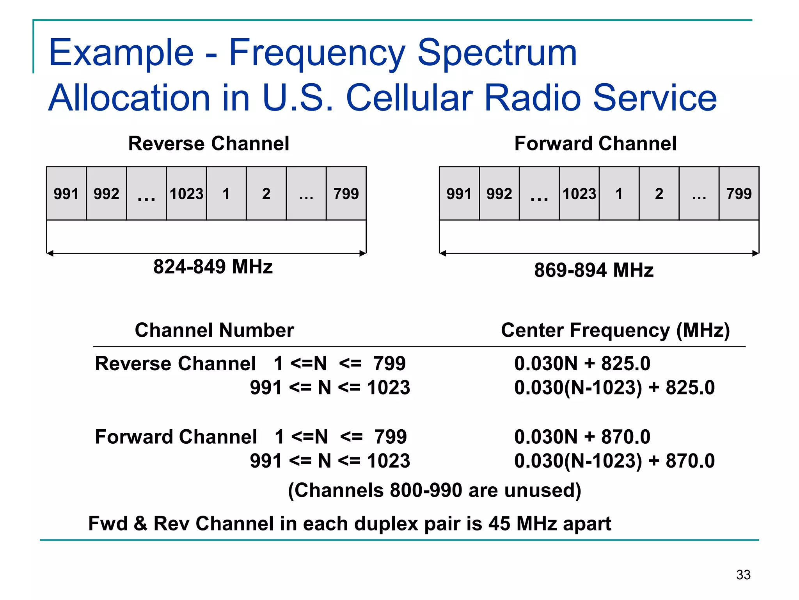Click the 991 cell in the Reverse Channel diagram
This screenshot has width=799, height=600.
[x=66, y=194]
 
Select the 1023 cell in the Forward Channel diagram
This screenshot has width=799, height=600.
[x=579, y=194]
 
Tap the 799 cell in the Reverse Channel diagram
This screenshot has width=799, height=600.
[x=346, y=194]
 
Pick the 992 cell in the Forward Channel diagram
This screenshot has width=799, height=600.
[x=499, y=194]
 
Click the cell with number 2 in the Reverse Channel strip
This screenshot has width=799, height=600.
[x=266, y=194]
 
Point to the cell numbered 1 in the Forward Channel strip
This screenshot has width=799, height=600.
[x=619, y=194]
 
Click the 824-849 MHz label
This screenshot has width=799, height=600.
[x=213, y=267]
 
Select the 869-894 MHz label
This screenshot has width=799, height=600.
[x=593, y=270]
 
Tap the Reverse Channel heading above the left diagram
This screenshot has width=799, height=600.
[x=209, y=143]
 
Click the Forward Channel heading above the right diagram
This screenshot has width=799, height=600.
[x=595, y=143]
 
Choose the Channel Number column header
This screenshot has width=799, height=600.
[x=214, y=330]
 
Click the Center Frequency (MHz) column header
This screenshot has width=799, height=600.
[x=615, y=330]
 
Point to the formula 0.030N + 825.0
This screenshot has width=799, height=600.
[x=582, y=364]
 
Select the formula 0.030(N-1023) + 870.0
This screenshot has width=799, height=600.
[x=614, y=461]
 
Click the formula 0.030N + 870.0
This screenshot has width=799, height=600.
[x=582, y=437]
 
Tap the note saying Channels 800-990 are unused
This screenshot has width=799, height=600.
[x=434, y=491]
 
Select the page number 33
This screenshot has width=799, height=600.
[x=743, y=575]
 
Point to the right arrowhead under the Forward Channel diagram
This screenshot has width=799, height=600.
[x=756, y=254]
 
